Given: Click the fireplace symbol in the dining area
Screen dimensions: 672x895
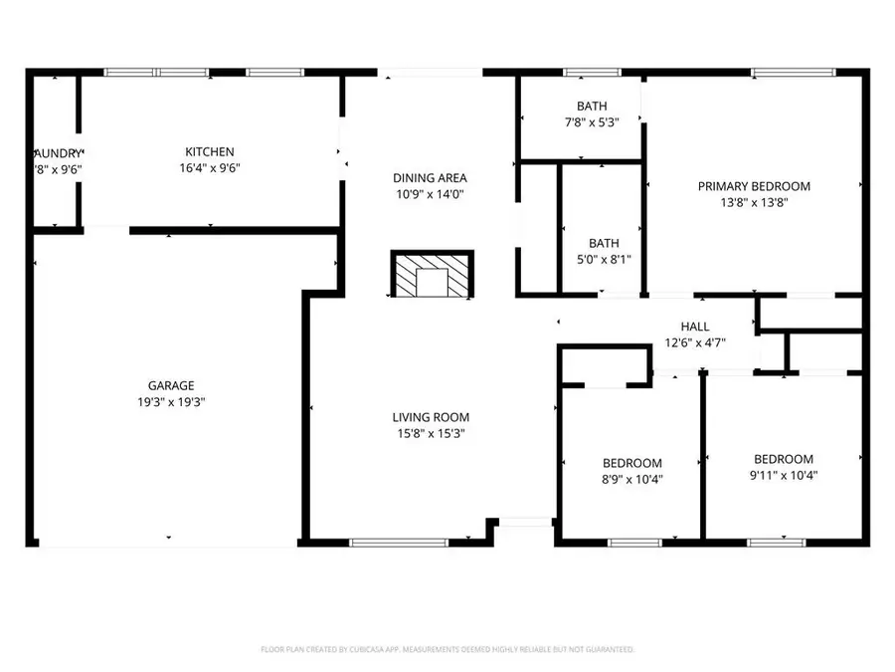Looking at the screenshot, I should (433, 276).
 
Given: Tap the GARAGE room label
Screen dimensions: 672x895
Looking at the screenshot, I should (171, 385).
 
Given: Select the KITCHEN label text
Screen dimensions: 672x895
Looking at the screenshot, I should (210, 151).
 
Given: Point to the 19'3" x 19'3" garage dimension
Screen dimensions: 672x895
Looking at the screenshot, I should (171, 402).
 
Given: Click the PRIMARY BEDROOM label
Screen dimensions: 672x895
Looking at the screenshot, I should (754, 186).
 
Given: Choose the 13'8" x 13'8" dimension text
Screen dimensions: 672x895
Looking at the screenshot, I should (754, 202).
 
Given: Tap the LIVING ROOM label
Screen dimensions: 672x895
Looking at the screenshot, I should (431, 417).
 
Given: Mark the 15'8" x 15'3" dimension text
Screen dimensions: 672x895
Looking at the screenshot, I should (431, 433).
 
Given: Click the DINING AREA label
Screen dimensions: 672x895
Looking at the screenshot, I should (430, 178).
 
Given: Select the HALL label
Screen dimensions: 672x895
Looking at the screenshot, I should (695, 327).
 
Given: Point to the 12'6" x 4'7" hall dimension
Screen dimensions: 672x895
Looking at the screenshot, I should (695, 342).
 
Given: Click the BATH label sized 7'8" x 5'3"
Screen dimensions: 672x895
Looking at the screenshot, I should (592, 107).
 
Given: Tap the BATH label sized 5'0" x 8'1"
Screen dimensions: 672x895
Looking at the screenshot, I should (604, 243).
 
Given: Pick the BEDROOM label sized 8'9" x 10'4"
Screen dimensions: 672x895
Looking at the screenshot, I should (632, 463).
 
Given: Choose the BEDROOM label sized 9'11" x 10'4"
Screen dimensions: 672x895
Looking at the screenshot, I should (784, 459).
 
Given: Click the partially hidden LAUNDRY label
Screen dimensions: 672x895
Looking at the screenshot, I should (57, 152).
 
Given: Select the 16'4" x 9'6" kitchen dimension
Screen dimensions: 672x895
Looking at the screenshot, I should (210, 168).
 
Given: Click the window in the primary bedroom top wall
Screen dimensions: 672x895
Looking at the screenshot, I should (793, 72).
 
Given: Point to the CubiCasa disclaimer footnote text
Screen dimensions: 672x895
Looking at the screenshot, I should (447, 649).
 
